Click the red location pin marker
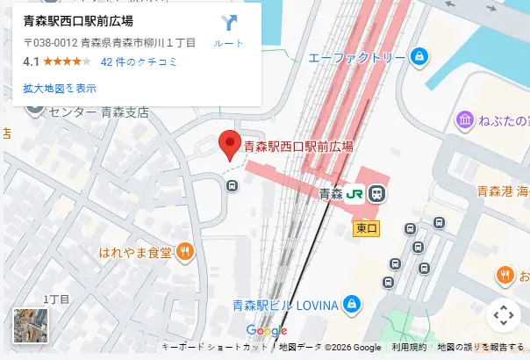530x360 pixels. pos(229,144)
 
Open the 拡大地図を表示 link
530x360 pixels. pos(60,88)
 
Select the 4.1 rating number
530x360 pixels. pos(31,62)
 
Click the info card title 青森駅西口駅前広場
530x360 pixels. pos(78,20)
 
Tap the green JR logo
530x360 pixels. pos(355,193)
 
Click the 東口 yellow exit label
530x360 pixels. pos(367,228)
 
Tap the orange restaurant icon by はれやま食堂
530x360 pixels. pos(184,252)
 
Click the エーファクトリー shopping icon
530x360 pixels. pos(419,57)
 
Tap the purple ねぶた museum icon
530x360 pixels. pos(465,120)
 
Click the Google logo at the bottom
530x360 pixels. pos(267,330)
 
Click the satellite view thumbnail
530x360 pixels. pos(31,325)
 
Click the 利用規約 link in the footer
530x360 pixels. pos(409,348)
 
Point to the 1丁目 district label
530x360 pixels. pos(55,300)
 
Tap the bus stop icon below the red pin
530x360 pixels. pos(232,185)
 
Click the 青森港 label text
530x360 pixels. pos(494,191)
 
